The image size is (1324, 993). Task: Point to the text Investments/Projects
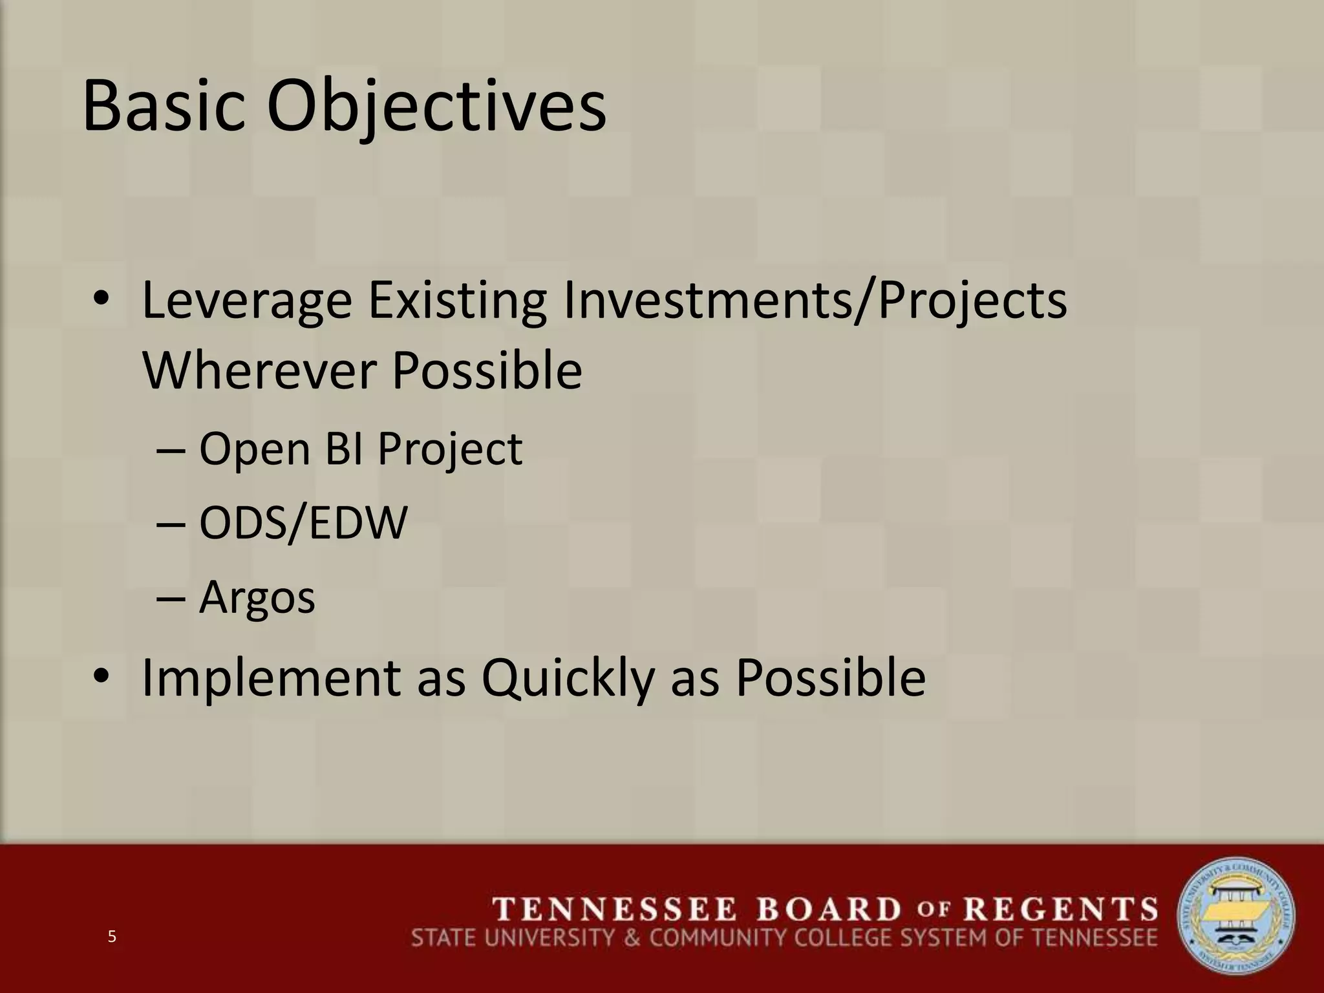815,301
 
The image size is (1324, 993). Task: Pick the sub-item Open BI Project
360,449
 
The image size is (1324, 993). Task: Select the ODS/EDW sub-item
303,523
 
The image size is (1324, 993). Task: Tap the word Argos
257,597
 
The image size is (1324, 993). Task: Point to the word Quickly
567,678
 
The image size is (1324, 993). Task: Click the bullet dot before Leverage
101,301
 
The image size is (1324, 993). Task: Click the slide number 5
112,937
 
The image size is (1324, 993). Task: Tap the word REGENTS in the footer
1061,910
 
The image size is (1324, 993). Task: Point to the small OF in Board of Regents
932,910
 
